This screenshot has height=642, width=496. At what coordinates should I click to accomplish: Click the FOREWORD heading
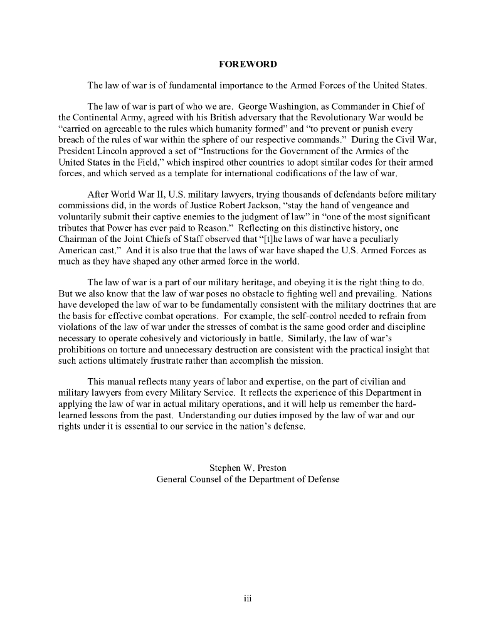click(x=248, y=65)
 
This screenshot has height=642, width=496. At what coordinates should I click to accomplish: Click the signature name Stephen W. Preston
click(x=248, y=467)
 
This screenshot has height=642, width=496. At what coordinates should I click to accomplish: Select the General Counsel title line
click(x=248, y=479)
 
